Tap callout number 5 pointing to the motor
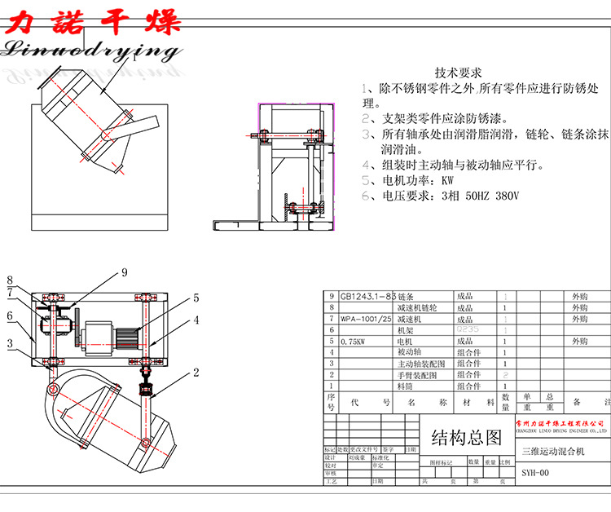point(196,298)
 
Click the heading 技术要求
point(459,73)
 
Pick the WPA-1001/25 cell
point(366,320)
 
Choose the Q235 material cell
point(468,330)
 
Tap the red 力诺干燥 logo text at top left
point(92,20)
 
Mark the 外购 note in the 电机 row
point(579,342)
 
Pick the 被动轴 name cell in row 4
point(411,353)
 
